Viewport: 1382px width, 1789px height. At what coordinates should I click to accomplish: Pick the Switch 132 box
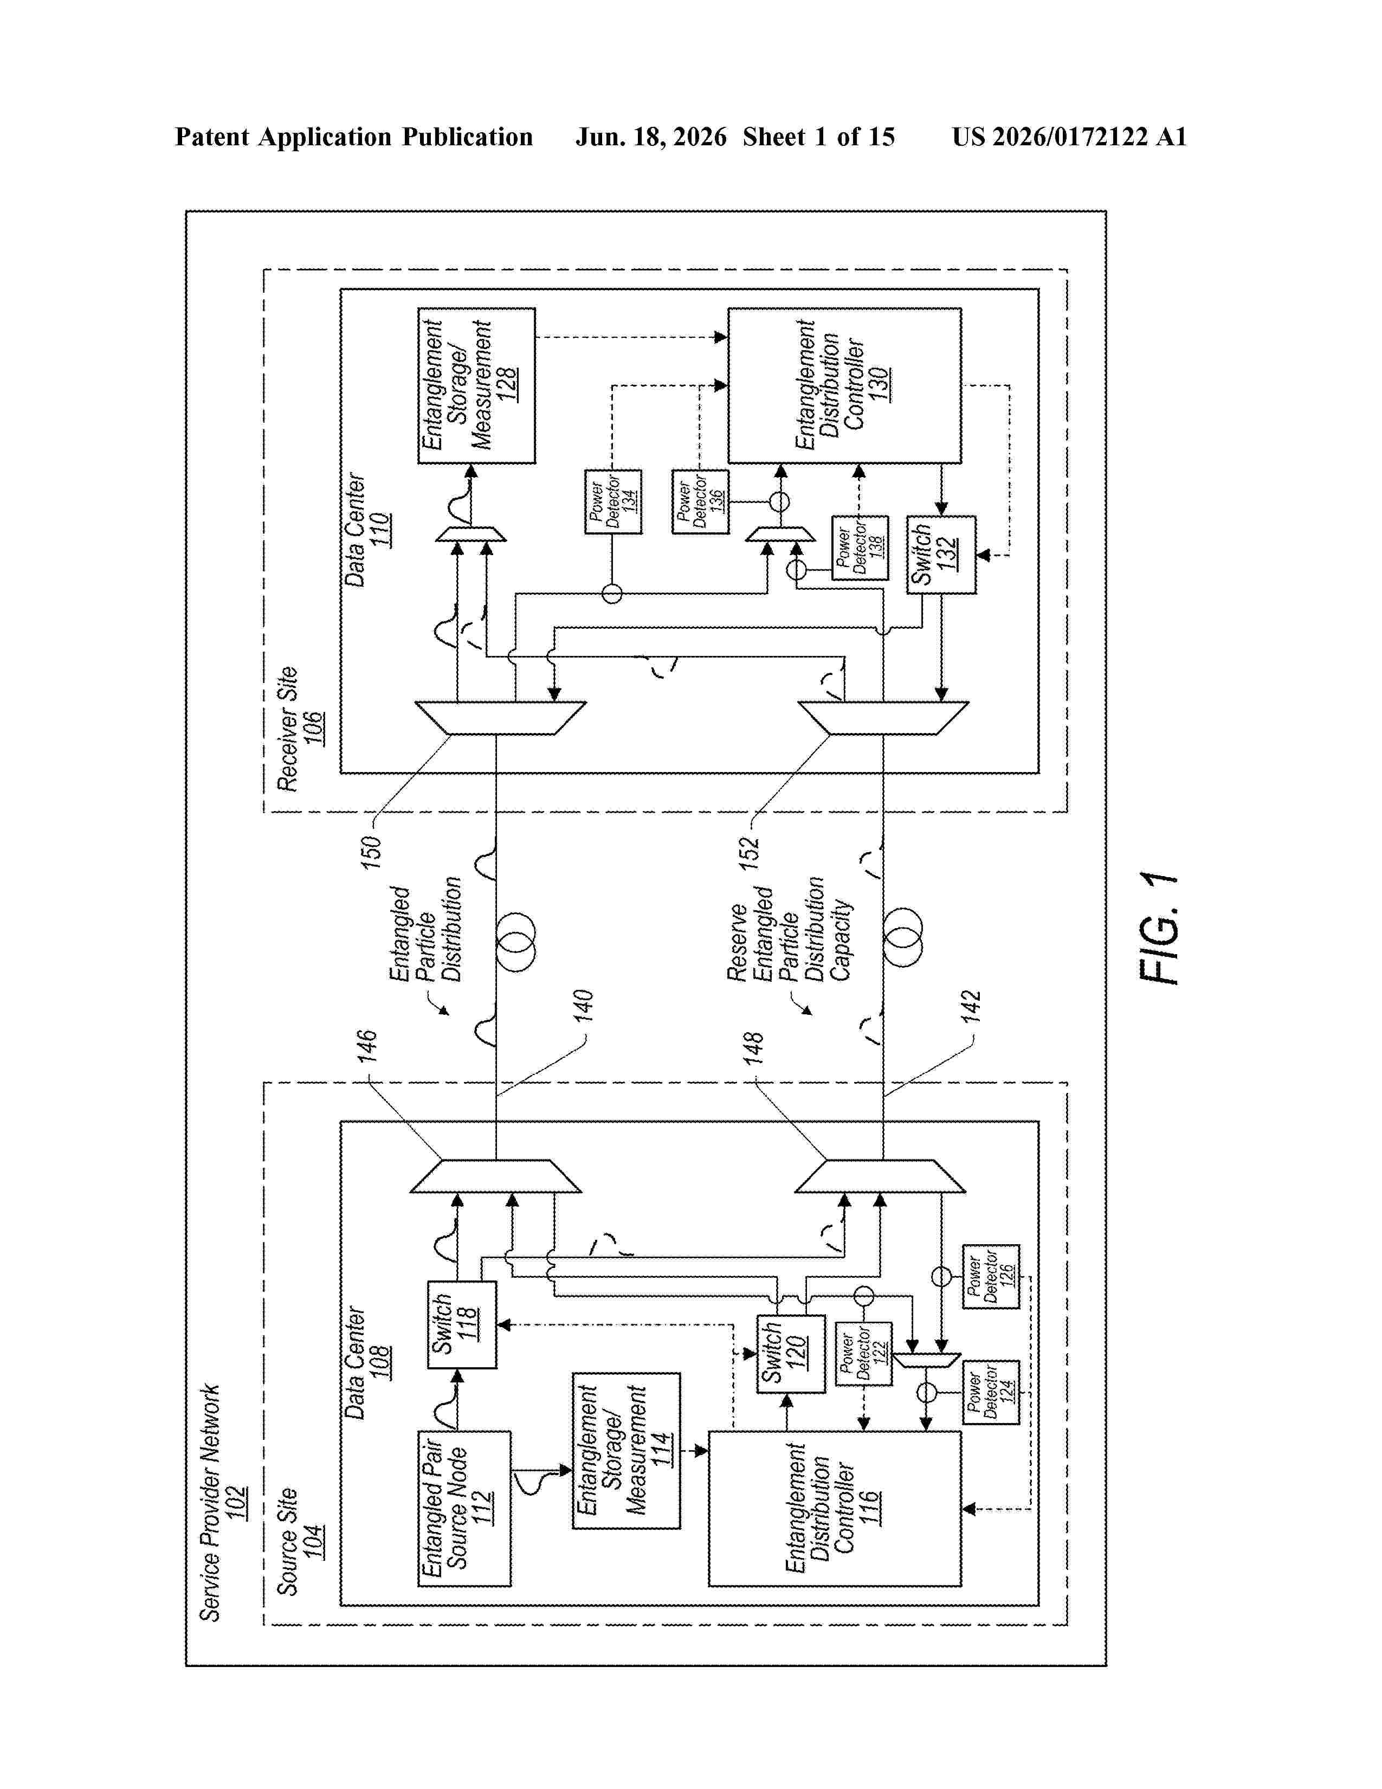pos(941,555)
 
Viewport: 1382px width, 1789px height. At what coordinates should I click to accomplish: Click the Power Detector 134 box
pos(613,501)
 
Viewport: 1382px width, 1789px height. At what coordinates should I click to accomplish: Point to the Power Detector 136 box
pos(700,501)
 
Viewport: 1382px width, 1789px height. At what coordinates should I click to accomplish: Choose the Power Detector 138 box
pos(860,548)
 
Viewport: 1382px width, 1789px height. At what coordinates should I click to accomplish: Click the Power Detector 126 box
pos(991,1276)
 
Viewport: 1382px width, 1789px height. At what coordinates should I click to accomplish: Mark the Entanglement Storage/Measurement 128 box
pos(476,386)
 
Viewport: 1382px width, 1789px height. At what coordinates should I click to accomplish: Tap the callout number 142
pos(970,1007)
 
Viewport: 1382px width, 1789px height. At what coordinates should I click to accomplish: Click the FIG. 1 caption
pos(1159,928)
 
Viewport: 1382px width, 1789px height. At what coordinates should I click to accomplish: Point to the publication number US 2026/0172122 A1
pos(1069,137)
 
